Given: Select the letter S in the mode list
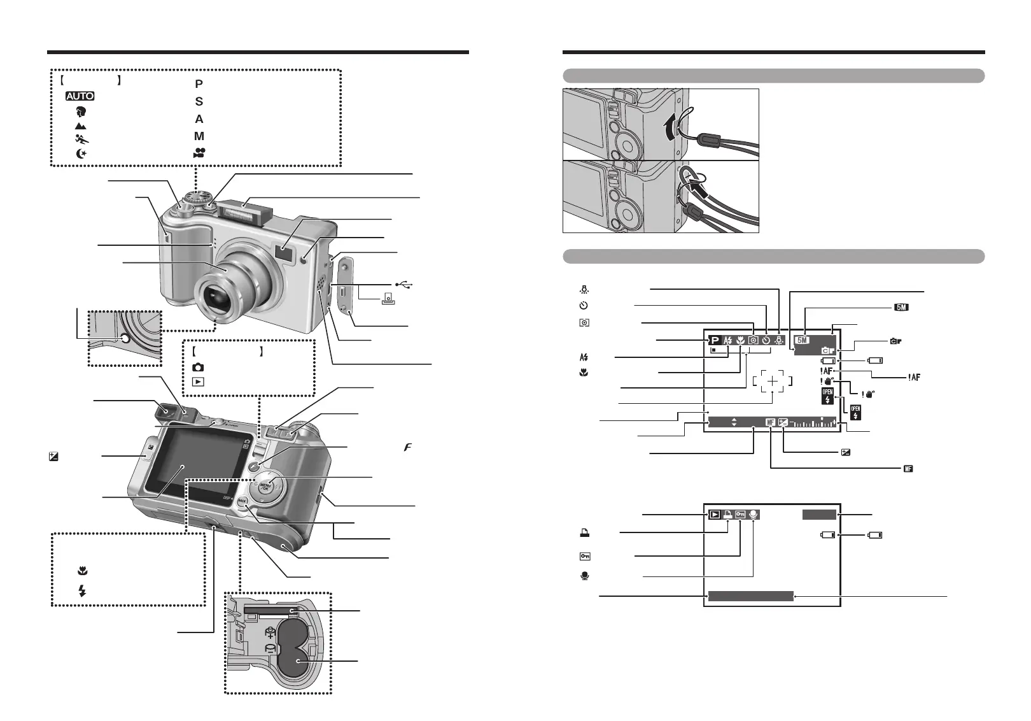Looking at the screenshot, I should coord(199,101).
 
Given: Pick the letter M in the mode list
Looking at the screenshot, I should coord(199,136).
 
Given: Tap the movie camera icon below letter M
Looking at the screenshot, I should coord(199,152).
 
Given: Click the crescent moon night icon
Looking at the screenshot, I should coord(80,153).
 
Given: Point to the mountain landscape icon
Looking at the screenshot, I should coord(80,126).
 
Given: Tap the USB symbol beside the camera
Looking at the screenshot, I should coord(404,285).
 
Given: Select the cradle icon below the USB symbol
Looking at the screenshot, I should coord(386,299).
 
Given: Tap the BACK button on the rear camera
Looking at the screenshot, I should coord(242,501).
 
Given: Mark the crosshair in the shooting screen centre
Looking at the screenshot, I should coord(772,381).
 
